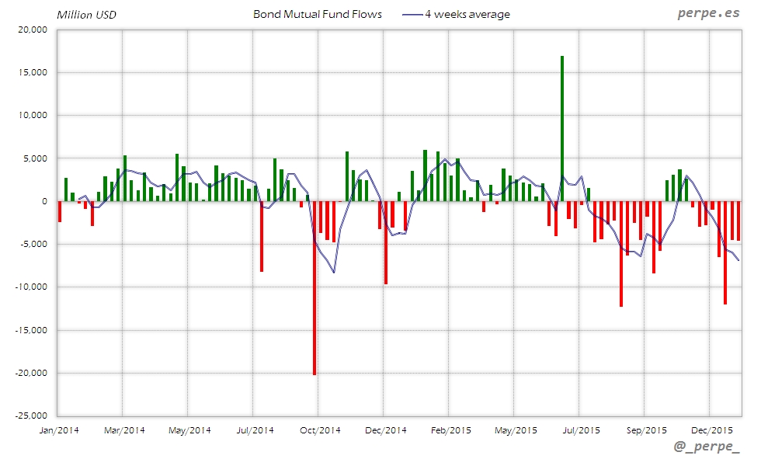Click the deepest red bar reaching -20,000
(314, 287)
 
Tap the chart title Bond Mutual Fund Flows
(318, 14)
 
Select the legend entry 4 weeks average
(467, 14)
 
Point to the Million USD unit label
(86, 15)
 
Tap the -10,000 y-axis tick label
(31, 287)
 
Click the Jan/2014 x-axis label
(58, 429)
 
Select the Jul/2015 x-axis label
(580, 429)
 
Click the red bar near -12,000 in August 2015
(621, 254)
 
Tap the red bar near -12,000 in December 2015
(725, 252)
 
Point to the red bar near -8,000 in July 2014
(262, 236)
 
